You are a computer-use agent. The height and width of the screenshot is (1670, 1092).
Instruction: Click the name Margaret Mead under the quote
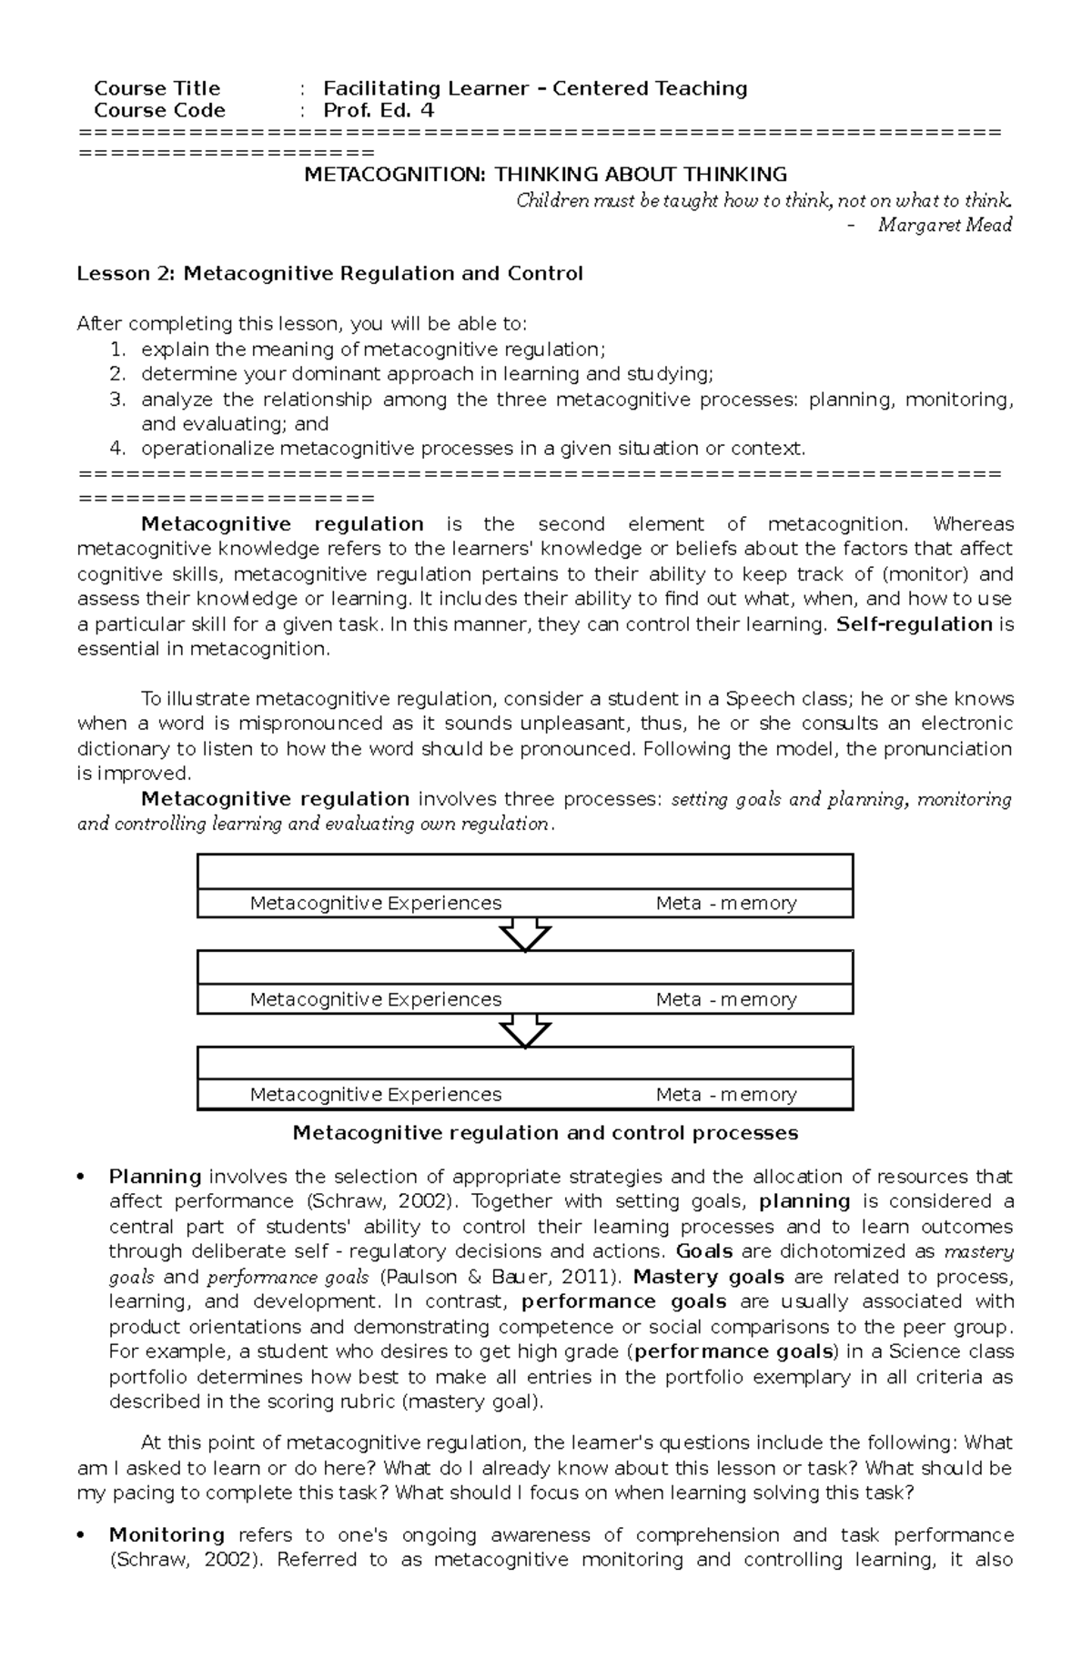(x=945, y=225)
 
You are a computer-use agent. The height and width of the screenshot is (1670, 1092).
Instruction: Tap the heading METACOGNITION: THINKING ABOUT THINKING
(x=545, y=174)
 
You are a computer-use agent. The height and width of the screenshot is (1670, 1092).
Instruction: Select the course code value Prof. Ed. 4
(x=379, y=111)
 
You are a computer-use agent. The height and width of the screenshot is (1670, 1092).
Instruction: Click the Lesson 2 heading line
(x=329, y=274)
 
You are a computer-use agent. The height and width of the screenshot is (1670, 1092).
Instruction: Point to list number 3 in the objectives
(x=116, y=400)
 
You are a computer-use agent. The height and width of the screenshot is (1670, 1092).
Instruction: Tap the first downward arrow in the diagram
(x=525, y=934)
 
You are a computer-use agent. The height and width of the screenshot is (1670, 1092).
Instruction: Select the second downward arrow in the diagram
(x=525, y=1030)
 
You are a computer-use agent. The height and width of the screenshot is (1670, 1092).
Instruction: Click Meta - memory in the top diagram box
(x=725, y=904)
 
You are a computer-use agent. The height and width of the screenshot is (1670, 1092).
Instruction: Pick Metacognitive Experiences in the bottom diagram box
(x=375, y=1095)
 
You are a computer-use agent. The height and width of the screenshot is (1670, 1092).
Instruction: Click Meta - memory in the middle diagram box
(x=725, y=999)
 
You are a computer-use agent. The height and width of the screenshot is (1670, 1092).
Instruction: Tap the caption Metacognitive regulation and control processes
(x=544, y=1133)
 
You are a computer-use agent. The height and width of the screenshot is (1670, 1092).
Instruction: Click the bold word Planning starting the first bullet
(x=155, y=1177)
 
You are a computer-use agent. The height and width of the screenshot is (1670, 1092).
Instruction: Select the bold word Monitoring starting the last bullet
(x=167, y=1535)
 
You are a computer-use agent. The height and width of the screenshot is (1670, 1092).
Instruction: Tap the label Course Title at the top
(x=157, y=88)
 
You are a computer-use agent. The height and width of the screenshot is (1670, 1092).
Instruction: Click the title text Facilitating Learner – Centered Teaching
(x=535, y=88)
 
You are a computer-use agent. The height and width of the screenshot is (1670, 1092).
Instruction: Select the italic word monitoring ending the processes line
(x=965, y=800)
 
